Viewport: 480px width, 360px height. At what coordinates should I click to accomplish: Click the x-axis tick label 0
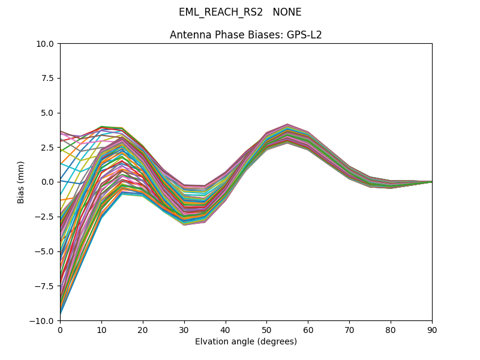[60, 329]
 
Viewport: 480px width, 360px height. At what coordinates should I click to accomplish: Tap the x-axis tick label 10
[101, 329]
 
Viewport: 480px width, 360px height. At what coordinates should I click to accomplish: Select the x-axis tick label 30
[184, 329]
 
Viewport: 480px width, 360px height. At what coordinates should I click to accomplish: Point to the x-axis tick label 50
[266, 329]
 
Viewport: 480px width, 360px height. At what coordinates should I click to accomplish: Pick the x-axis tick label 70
[349, 329]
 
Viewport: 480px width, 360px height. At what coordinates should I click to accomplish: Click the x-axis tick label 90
[432, 329]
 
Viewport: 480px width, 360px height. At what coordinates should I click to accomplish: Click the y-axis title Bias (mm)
[22, 182]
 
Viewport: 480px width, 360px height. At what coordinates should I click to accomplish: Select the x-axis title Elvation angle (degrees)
[246, 342]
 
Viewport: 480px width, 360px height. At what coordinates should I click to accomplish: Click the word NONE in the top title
[287, 13]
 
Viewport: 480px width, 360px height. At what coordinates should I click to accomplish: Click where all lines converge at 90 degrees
[431, 182]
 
